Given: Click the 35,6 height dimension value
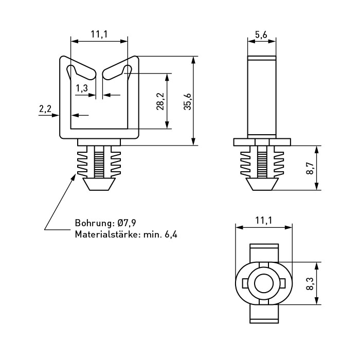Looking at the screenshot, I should click(x=188, y=101).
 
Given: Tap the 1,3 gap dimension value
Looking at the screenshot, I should click(x=82, y=88).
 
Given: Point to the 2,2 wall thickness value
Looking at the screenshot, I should click(x=45, y=109).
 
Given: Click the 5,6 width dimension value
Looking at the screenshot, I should click(x=261, y=34).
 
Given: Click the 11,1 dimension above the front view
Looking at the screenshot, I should click(x=99, y=34).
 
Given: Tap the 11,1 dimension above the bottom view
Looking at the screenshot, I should click(x=263, y=221).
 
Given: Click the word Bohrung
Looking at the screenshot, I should click(x=94, y=224).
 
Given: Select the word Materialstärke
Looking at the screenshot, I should click(x=104, y=235).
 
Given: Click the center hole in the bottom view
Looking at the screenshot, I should click(x=263, y=283).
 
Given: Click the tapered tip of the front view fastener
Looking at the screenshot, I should click(x=99, y=184).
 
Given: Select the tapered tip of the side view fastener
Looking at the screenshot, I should click(x=262, y=184).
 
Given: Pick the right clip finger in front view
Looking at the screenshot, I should click(x=116, y=72).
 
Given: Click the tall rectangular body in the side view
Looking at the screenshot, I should click(x=262, y=95).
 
